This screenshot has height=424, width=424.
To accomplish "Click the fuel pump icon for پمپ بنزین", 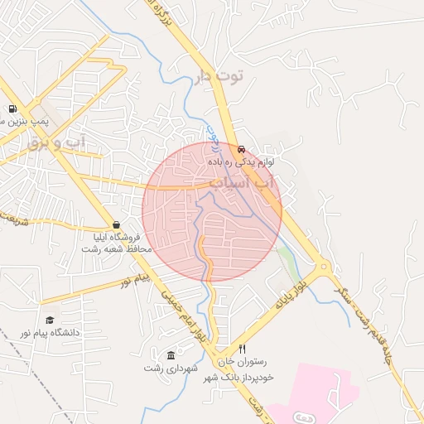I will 12,108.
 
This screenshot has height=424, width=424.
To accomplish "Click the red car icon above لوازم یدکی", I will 241,150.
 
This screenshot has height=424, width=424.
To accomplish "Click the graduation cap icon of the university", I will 51,320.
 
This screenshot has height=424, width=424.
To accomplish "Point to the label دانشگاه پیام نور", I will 65,332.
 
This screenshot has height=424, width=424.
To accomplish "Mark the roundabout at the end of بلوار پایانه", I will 324,267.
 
